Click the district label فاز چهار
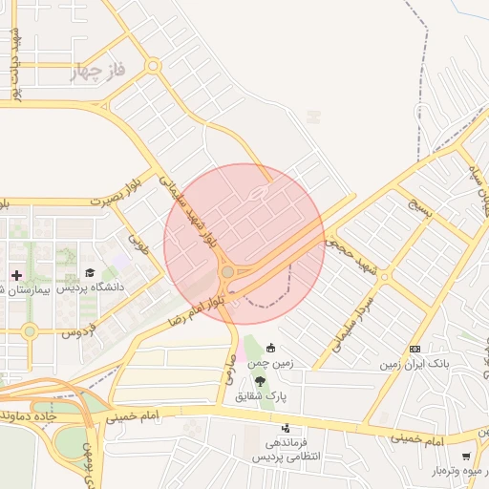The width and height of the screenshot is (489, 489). coord(98,73)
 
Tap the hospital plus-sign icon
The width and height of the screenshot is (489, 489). coord(15,274)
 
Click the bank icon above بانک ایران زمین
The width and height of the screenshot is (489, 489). coord(415,349)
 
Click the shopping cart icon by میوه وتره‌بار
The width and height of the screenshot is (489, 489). coord(466,457)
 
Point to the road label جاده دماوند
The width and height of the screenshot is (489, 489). coord(29,416)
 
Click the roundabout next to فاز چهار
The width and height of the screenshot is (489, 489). coord(153,66)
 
